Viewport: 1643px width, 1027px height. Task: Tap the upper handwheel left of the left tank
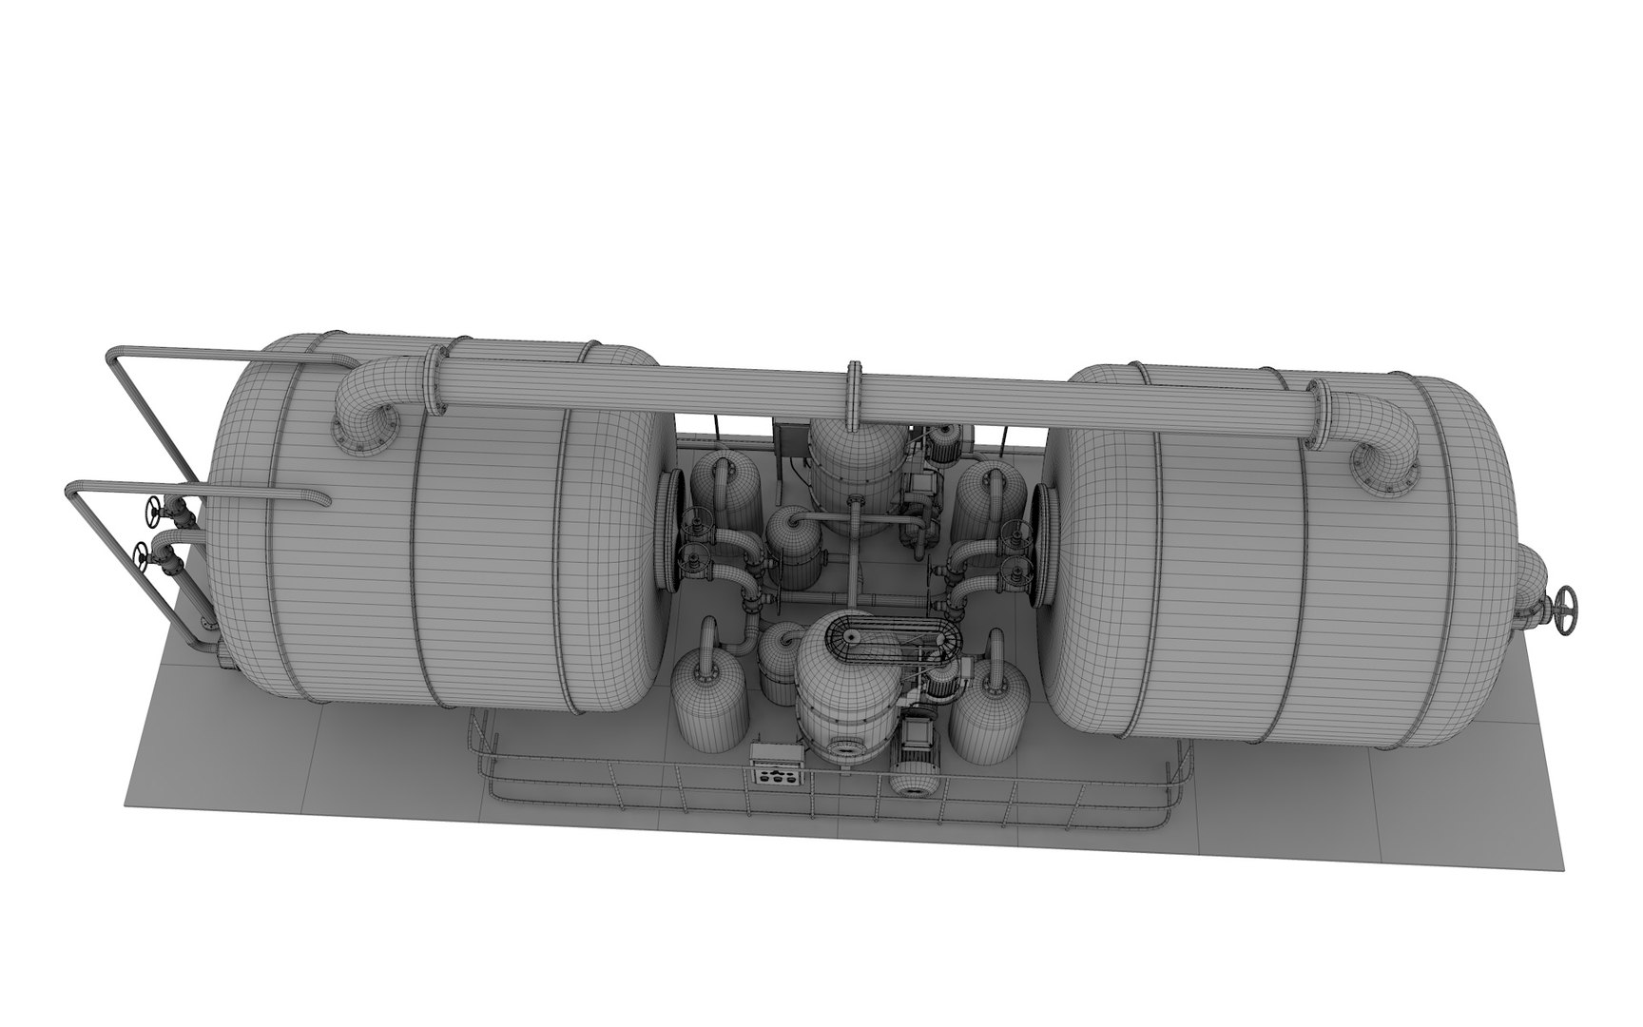(x=152, y=513)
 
